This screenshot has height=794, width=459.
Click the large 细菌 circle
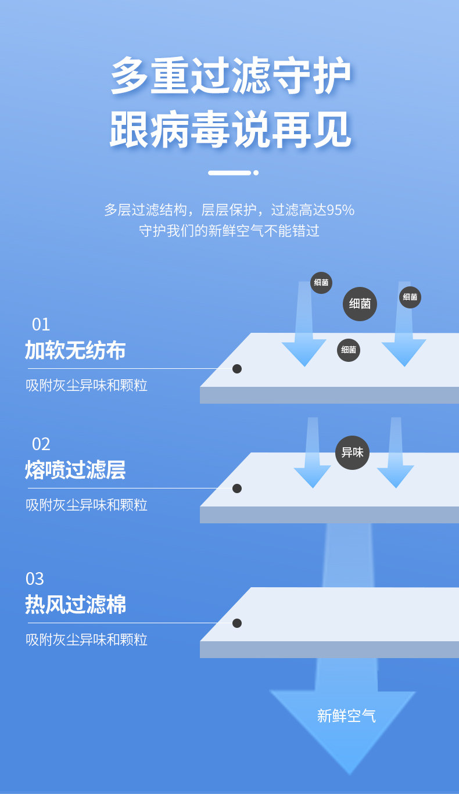click(x=360, y=304)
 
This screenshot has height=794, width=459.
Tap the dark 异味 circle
click(x=352, y=452)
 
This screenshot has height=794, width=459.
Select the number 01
click(x=41, y=324)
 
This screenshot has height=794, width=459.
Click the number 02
click(x=41, y=444)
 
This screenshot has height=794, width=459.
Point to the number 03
click(x=35, y=579)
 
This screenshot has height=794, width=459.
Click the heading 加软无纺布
click(x=75, y=350)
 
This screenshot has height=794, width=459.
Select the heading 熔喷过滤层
click(x=75, y=470)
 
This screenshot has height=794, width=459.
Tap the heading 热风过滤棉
click(x=75, y=605)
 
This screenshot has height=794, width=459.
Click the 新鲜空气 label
click(x=346, y=716)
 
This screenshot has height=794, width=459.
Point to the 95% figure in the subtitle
click(x=340, y=210)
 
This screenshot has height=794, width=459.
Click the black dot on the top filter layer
click(x=237, y=369)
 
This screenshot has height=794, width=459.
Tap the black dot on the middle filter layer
click(x=237, y=488)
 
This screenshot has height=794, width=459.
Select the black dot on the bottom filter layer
click(x=237, y=623)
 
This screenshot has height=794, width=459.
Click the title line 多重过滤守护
click(x=230, y=76)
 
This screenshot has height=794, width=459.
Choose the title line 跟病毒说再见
click(x=230, y=130)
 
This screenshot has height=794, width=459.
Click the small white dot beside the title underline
click(x=256, y=173)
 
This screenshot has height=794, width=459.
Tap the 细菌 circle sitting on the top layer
click(x=349, y=350)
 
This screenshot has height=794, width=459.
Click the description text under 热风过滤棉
click(x=87, y=639)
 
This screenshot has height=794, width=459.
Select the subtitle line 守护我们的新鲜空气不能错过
click(x=229, y=231)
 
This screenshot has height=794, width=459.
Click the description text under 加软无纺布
click(x=87, y=385)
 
